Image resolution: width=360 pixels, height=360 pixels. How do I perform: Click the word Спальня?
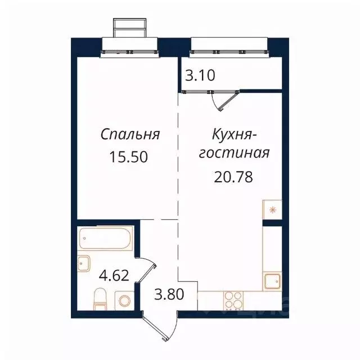click(x=130, y=135)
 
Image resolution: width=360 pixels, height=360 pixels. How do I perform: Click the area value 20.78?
click(x=232, y=177)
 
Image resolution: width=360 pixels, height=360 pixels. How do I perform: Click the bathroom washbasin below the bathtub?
click(x=84, y=263)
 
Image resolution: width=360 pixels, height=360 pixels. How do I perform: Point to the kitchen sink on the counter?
click(x=272, y=280)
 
